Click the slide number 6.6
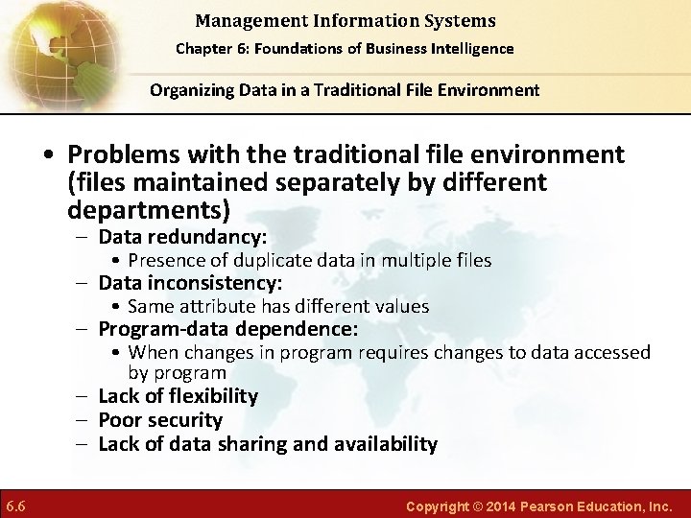click(x=14, y=505)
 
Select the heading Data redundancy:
click(x=182, y=237)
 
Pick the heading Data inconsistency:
click(x=190, y=283)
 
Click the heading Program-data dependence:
click(x=228, y=329)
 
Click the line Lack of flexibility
click(x=178, y=396)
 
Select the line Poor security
click(x=160, y=420)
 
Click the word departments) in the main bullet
click(x=149, y=208)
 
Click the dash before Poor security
click(x=84, y=420)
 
